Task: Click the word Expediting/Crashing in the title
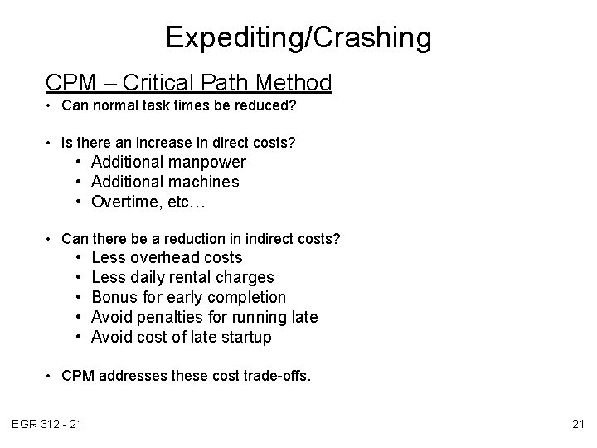298,38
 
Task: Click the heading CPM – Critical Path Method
189,83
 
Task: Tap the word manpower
207,162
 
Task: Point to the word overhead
166,257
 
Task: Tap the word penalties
173,317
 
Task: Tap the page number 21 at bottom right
577,426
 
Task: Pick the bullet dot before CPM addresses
51,376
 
